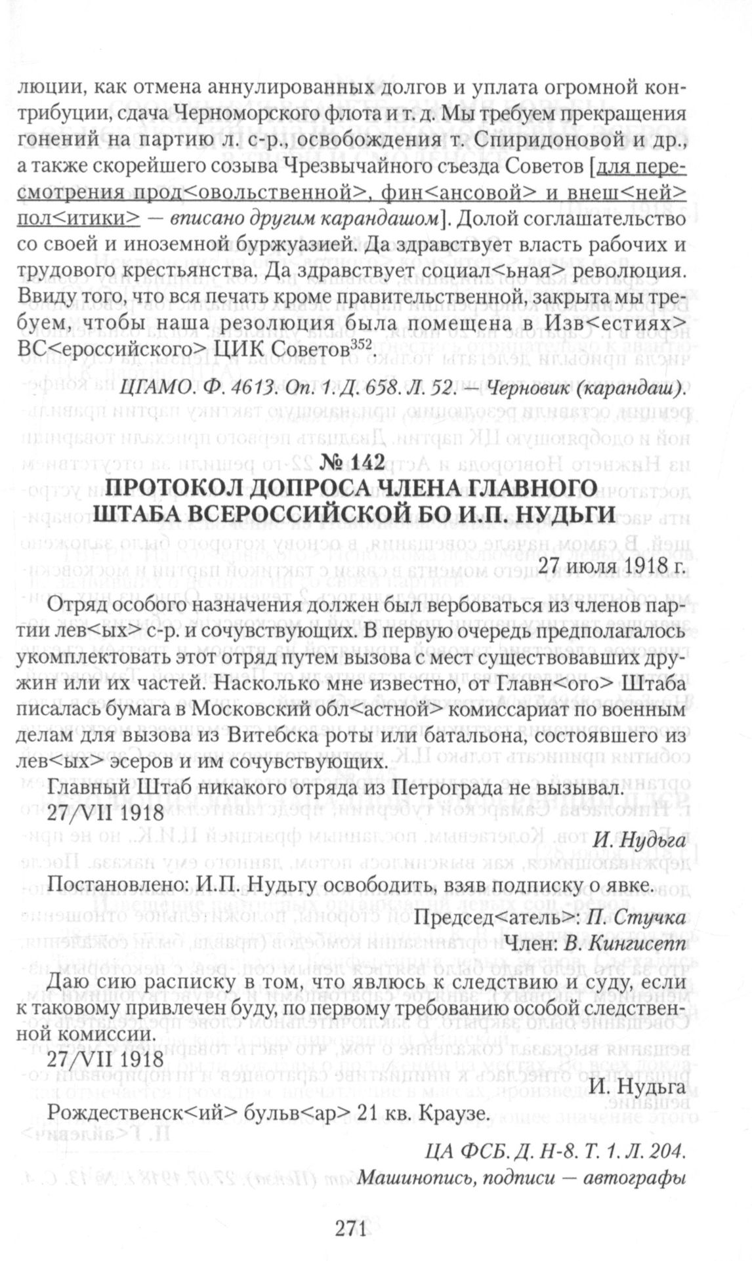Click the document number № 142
click(x=349, y=463)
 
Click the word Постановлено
click(x=110, y=886)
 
